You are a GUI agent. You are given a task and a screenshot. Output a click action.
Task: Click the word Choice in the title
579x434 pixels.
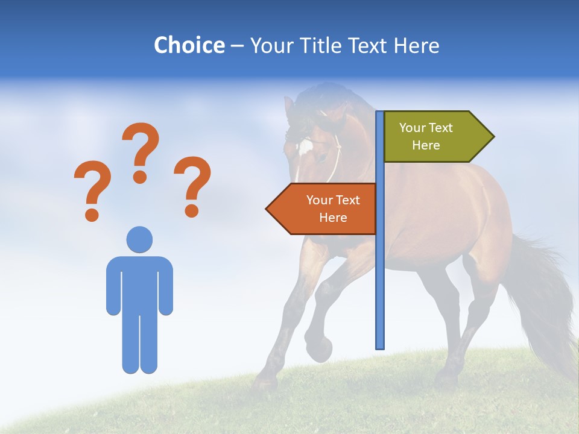[x=189, y=45]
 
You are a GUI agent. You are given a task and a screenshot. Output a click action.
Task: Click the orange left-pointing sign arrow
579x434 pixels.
[x=323, y=209]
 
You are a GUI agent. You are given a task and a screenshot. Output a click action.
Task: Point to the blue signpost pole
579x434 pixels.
[x=379, y=271]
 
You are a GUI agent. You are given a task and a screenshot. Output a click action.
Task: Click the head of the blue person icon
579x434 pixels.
[x=139, y=239]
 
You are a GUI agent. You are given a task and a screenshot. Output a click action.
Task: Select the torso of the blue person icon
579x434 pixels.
[x=139, y=283]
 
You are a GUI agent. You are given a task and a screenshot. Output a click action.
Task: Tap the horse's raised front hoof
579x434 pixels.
[x=320, y=348]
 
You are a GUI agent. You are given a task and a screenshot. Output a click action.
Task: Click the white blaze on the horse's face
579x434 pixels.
[x=305, y=146]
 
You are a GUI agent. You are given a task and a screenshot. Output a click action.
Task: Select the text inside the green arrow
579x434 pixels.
[x=426, y=136]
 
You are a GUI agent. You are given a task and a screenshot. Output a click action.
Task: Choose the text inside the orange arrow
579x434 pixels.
[x=333, y=209]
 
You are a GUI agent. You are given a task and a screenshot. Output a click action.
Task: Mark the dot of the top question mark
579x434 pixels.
[x=140, y=177]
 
